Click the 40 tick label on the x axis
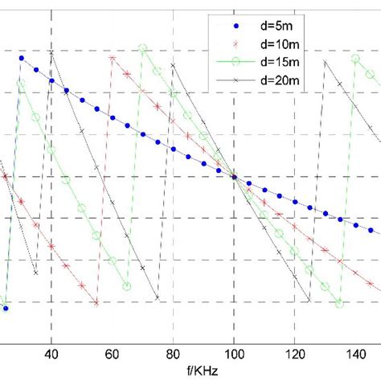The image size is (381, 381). click(52, 351)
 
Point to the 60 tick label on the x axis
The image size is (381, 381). click(113, 351)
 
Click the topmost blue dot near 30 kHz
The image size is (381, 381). click(22, 58)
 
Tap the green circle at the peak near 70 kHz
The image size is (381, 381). click(142, 49)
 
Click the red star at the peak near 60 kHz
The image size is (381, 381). click(113, 58)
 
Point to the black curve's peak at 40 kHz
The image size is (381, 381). click(51, 53)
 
